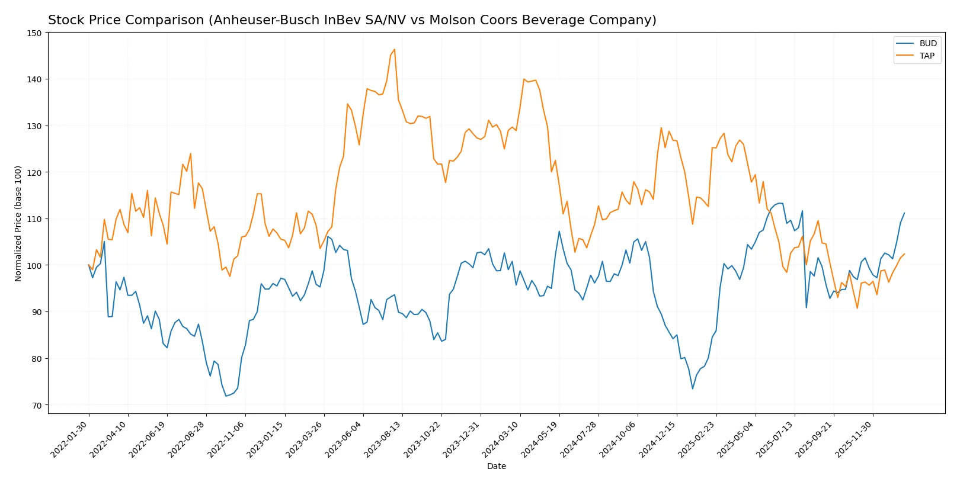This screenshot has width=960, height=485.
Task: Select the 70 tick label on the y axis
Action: [x=37, y=406]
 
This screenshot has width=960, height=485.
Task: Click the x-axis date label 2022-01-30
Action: [x=70, y=439]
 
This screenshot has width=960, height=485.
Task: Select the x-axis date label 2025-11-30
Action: [x=854, y=439]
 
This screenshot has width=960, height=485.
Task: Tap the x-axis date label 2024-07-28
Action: [x=580, y=439]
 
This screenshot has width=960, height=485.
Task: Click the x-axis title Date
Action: [x=496, y=466]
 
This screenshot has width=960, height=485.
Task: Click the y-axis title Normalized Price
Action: [x=18, y=223]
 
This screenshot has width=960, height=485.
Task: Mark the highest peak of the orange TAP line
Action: [x=395, y=50]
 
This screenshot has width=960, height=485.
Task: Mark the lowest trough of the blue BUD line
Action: [x=226, y=396]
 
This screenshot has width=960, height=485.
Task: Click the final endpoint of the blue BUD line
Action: [x=904, y=213]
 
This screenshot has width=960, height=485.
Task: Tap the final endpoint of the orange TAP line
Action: [x=904, y=254]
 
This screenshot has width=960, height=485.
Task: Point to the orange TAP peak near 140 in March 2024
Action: [x=524, y=79]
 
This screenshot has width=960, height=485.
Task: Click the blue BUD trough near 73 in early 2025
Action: [x=693, y=388]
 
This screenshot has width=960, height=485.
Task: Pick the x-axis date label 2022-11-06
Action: [x=226, y=439]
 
